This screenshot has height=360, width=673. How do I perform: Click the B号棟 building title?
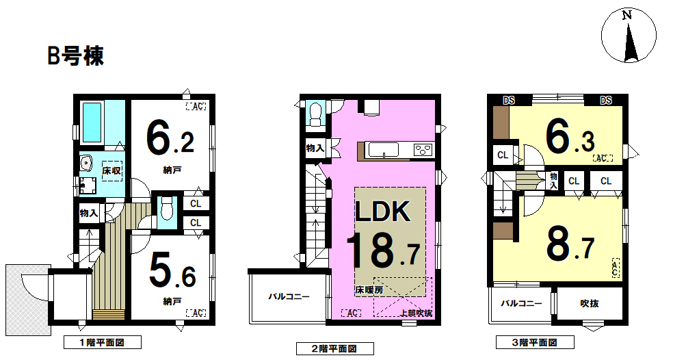pos(75,55)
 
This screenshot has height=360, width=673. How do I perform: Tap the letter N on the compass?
pos(627,16)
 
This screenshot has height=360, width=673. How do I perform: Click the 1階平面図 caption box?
pos(102,342)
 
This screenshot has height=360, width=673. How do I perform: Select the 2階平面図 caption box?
pos(334,348)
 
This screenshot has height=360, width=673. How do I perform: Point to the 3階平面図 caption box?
pos(535,342)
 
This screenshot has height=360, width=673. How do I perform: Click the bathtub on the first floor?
pos(92,122)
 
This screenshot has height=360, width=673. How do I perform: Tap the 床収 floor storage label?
pos(111,170)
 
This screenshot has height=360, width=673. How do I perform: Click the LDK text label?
pos(383,211)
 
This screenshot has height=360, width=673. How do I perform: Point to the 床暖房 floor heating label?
pos(369,290)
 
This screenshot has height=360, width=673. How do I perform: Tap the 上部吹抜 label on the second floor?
pos(417,313)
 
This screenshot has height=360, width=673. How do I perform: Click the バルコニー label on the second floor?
pos(289,296)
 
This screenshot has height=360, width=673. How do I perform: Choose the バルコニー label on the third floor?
pos(521,303)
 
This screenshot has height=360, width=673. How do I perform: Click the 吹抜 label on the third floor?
pos(590,303)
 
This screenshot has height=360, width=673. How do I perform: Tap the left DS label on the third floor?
pos(509,101)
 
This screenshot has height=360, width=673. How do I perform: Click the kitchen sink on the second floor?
pos(383,150)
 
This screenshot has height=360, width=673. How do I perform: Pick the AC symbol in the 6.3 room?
pos(602,158)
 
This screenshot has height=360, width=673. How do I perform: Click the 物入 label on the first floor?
pos(89,213)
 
